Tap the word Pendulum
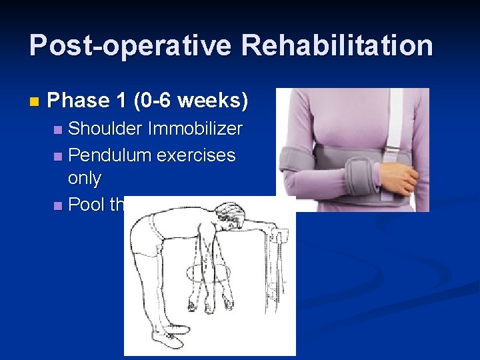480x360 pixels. (x=110, y=155)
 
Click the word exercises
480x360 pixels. (x=197, y=155)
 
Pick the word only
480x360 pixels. (x=85, y=178)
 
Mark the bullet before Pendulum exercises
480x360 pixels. (x=59, y=156)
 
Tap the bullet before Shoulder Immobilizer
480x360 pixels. (x=59, y=129)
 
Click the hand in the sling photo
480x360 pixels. (x=401, y=177)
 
